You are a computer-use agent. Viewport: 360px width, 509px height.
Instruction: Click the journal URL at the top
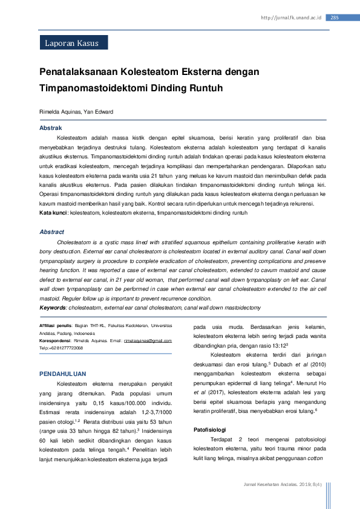click(x=290, y=18)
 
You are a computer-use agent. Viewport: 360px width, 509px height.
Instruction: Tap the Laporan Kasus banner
click(x=72, y=42)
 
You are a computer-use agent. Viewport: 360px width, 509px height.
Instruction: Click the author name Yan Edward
click(x=99, y=112)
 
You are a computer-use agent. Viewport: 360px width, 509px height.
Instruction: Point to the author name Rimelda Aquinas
click(x=61, y=112)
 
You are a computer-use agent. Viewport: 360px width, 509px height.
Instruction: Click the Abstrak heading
click(x=50, y=128)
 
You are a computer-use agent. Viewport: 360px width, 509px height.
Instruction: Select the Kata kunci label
click(x=53, y=213)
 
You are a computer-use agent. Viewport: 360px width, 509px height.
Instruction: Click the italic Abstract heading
click(x=51, y=232)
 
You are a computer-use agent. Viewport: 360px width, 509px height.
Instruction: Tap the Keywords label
click(x=53, y=308)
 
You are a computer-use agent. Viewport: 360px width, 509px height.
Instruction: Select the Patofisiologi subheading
click(x=209, y=413)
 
